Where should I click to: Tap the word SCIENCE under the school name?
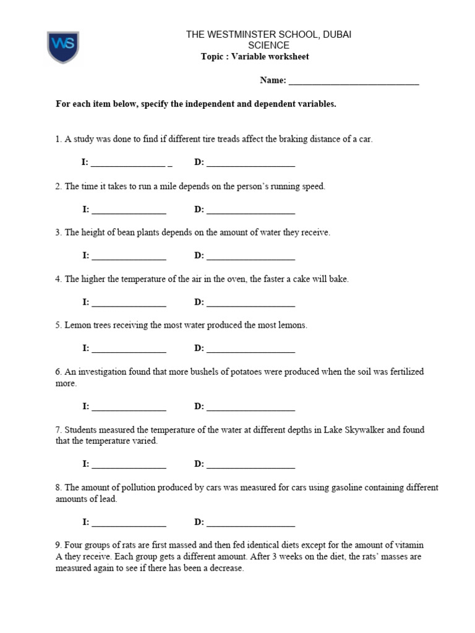click(268, 46)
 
